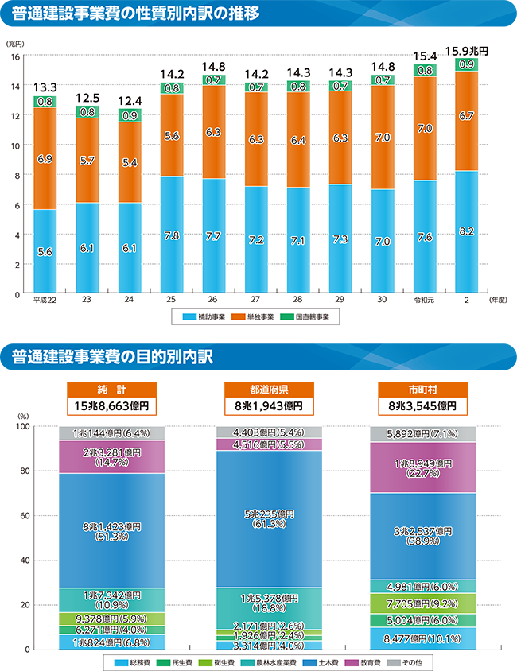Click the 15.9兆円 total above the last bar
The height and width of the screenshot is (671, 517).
pyautogui.click(x=466, y=50)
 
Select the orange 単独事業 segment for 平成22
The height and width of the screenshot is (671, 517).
pyautogui.click(x=45, y=159)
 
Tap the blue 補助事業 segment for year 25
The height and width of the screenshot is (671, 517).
pyautogui.click(x=171, y=235)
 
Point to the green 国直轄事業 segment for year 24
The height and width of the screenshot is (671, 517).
pyautogui.click(x=129, y=115)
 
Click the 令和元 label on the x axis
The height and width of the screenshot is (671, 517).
pyautogui.click(x=424, y=301)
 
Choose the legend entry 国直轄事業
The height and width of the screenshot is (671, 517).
pyautogui.click(x=311, y=316)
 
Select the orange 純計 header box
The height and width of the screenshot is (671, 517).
pyautogui.click(x=111, y=389)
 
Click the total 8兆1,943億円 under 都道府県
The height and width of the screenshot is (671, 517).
pyautogui.click(x=268, y=405)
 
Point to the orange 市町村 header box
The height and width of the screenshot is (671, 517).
pyautogui.click(x=422, y=389)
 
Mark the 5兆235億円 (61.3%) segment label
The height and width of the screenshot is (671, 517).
pyautogui.click(x=268, y=518)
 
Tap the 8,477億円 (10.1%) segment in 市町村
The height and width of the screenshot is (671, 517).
pyautogui.click(x=422, y=638)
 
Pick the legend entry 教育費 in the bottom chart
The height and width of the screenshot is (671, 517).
pyautogui.click(x=371, y=661)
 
